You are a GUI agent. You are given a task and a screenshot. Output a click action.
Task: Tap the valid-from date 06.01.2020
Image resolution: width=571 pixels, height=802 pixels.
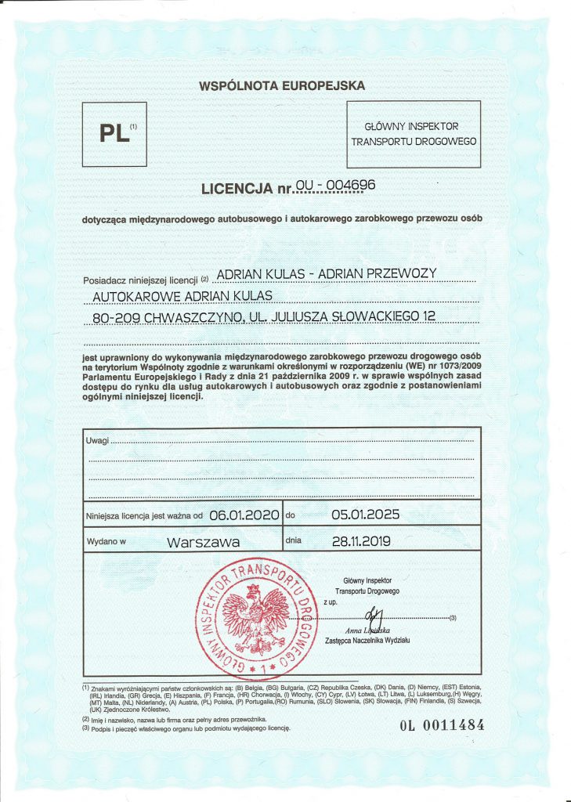point(243,515)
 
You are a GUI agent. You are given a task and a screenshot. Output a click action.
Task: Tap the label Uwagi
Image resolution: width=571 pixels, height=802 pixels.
point(97,442)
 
